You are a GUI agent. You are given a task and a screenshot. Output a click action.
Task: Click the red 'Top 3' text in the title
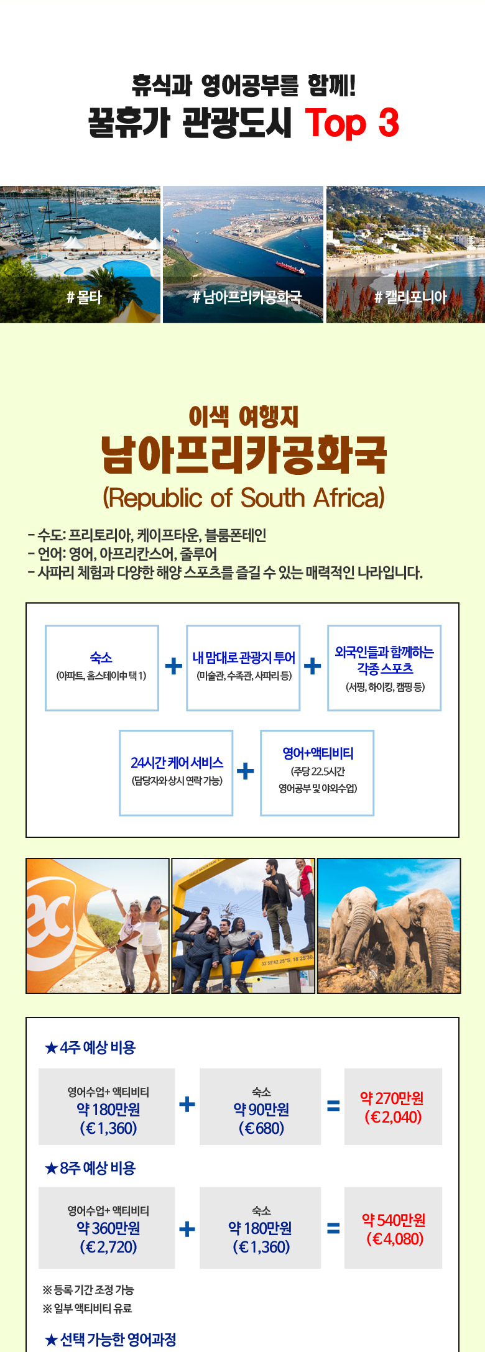pyautogui.click(x=352, y=122)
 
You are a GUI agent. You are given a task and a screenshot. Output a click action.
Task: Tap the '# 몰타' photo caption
pyautogui.click(x=84, y=297)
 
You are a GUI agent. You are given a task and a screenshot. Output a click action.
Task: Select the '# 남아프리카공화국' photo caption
pyautogui.click(x=246, y=297)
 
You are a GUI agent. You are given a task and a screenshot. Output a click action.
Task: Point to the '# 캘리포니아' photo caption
pyautogui.click(x=410, y=297)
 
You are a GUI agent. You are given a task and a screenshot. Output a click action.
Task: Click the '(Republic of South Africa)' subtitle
pyautogui.click(x=244, y=497)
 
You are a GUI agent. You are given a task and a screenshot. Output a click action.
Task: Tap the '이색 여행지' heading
pyautogui.click(x=244, y=416)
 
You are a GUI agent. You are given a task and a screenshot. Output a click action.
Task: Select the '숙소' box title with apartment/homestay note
pyautogui.click(x=101, y=657)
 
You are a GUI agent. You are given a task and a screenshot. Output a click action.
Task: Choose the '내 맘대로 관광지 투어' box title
pyautogui.click(x=244, y=657)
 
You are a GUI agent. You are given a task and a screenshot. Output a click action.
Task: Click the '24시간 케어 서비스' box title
pyautogui.click(x=177, y=762)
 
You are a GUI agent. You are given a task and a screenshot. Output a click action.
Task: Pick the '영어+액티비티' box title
pyautogui.click(x=318, y=753)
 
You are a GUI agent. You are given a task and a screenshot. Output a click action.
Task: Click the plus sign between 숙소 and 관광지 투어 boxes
pyautogui.click(x=173, y=666)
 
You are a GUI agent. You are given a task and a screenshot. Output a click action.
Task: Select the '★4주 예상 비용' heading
pyautogui.click(x=90, y=1047)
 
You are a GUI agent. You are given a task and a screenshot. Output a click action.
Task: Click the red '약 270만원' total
pyautogui.click(x=392, y=1098)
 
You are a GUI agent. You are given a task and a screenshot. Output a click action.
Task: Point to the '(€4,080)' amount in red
pyautogui.click(x=395, y=1239)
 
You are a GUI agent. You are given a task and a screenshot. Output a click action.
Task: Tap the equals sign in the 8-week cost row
pyautogui.click(x=333, y=1228)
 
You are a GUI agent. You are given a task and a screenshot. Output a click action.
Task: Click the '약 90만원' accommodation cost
pyautogui.click(x=261, y=1110)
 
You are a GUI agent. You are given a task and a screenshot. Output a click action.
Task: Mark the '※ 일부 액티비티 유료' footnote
pyautogui.click(x=87, y=1308)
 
